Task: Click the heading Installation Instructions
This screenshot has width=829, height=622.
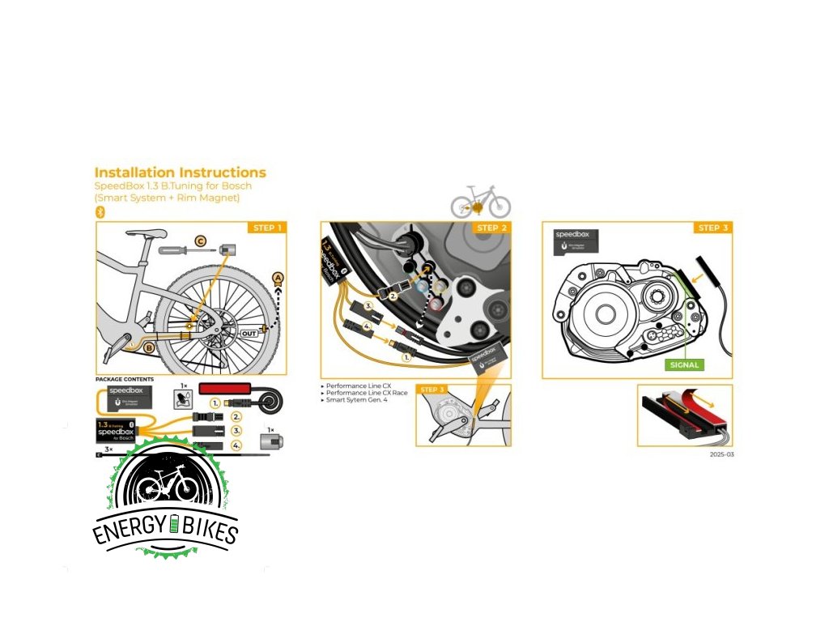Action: [x=180, y=173]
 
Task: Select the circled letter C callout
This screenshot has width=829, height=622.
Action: [x=200, y=241]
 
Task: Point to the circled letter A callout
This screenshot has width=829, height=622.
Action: [x=278, y=278]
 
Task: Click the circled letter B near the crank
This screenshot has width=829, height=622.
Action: [x=150, y=347]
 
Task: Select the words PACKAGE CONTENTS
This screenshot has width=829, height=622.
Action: [x=125, y=379]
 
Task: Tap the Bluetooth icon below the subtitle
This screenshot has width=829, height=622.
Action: [x=101, y=212]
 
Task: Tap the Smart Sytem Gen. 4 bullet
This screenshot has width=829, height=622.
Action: [x=355, y=401]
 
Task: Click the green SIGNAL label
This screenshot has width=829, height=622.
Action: [x=683, y=365]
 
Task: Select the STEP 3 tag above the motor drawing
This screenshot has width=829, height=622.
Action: [x=712, y=228]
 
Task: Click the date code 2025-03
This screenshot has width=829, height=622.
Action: [x=721, y=454]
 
